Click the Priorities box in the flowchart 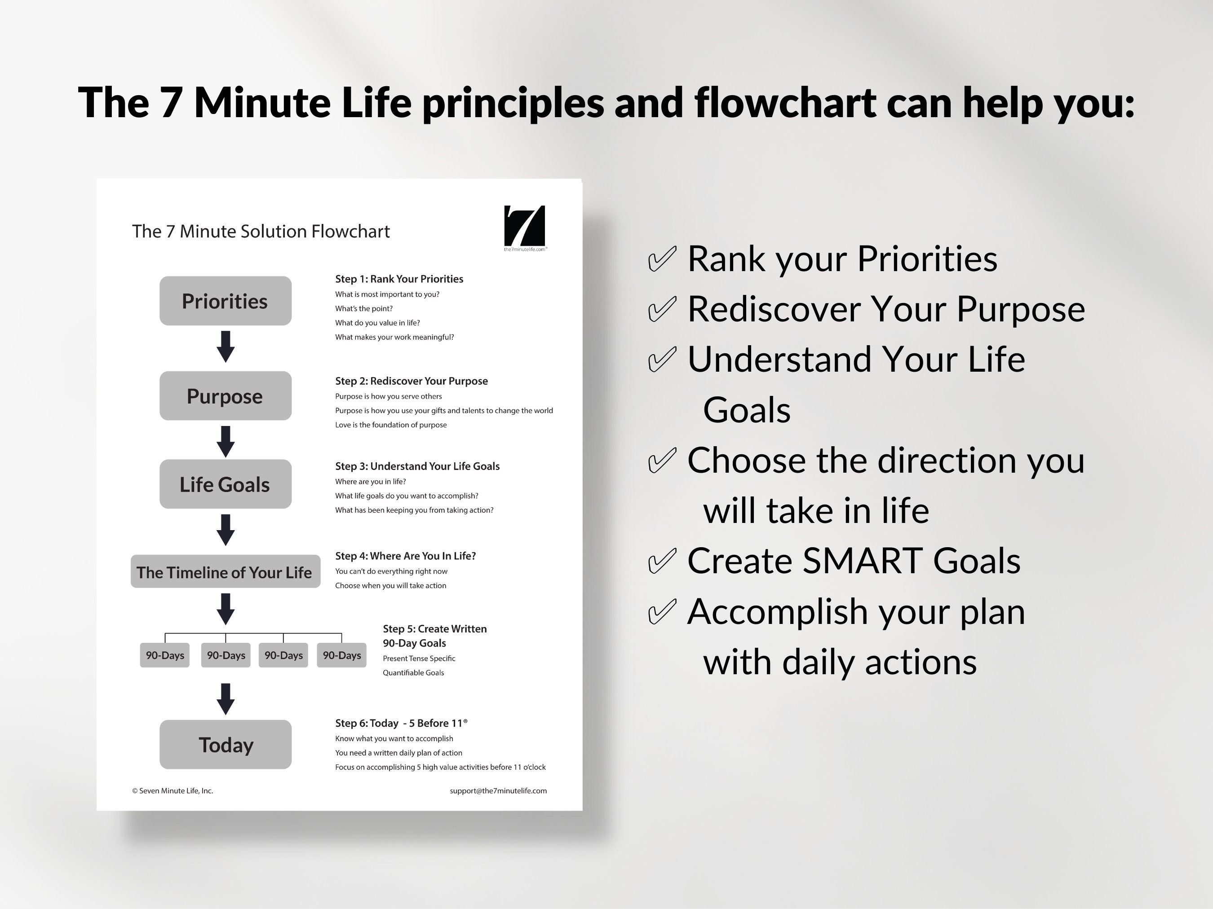tap(226, 301)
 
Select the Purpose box tap(226, 395)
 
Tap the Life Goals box tap(226, 484)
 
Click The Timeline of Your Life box tap(226, 571)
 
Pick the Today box tap(226, 744)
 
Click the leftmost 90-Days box tap(164, 655)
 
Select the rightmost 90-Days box tap(341, 655)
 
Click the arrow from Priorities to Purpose tap(226, 346)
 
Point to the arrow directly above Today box tap(226, 698)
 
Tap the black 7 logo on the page tap(524, 226)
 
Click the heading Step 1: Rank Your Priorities tap(399, 279)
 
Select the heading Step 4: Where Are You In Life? tap(405, 556)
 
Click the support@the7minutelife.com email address tap(498, 790)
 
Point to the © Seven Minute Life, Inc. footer tap(172, 790)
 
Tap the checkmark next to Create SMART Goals tap(662, 561)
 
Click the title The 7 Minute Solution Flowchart tap(261, 231)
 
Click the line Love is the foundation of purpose tap(390, 425)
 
